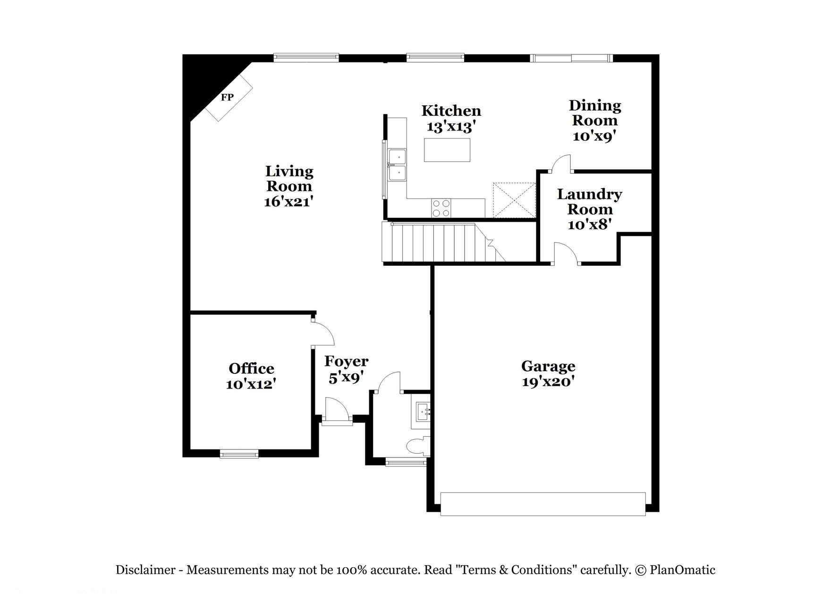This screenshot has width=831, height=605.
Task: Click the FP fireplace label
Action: click(227, 97)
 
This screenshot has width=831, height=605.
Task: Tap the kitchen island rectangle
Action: click(447, 150)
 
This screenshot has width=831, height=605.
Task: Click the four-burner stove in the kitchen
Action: click(441, 208)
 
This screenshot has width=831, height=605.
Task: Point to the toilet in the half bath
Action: click(418, 446)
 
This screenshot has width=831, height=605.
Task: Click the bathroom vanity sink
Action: click(422, 412)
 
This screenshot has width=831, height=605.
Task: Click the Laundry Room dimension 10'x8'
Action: click(589, 224)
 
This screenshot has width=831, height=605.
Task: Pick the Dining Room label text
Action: click(594, 112)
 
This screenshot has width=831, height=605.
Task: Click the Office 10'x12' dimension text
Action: click(251, 384)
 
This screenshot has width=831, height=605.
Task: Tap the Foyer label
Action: click(346, 362)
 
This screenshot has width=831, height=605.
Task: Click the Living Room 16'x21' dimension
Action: click(288, 201)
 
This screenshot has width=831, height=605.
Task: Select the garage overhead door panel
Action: click(543, 504)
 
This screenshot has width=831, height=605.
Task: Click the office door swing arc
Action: click(325, 333)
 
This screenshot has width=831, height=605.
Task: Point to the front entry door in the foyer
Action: click(337, 410)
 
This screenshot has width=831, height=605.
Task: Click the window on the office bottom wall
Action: click(239, 454)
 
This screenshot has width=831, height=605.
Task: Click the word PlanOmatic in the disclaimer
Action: click(682, 570)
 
